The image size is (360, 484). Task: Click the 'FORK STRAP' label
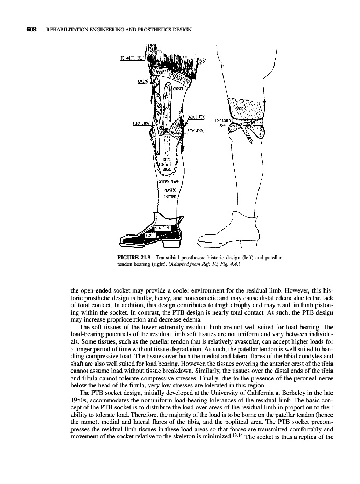141,123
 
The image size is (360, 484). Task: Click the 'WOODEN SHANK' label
170,181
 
